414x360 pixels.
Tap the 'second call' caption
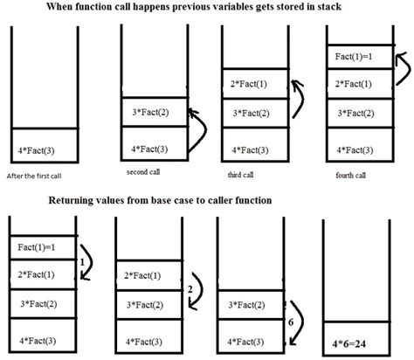point(145,172)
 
